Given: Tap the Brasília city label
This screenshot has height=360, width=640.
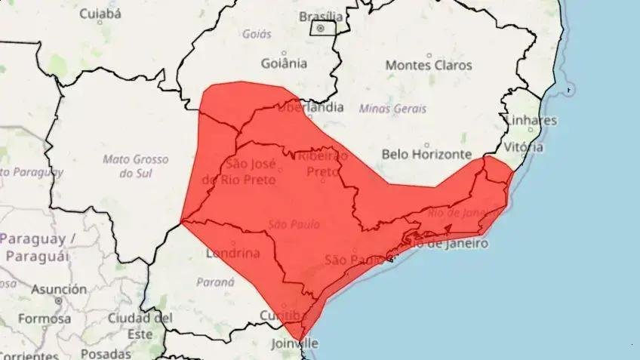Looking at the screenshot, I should [x=321, y=16].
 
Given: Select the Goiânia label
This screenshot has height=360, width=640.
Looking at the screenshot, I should [x=283, y=63].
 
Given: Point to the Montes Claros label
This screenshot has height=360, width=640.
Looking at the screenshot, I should [x=429, y=65].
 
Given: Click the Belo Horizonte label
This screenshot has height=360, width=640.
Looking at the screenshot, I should [x=427, y=153].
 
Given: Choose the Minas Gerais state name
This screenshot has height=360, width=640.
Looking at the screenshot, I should [x=392, y=108].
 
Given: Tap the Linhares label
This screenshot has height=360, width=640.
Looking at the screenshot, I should [x=531, y=120].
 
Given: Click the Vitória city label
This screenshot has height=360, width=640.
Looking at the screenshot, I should [x=524, y=146].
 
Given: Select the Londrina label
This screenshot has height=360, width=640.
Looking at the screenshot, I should [x=232, y=253].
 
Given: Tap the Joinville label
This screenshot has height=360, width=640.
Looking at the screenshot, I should [x=295, y=343].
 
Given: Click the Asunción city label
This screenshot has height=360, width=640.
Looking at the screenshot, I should [x=59, y=289].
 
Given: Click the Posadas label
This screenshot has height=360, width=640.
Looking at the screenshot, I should [x=106, y=353].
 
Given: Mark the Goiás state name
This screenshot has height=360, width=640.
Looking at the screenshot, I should [x=257, y=34].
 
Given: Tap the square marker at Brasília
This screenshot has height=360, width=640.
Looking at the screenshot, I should [x=320, y=28].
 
